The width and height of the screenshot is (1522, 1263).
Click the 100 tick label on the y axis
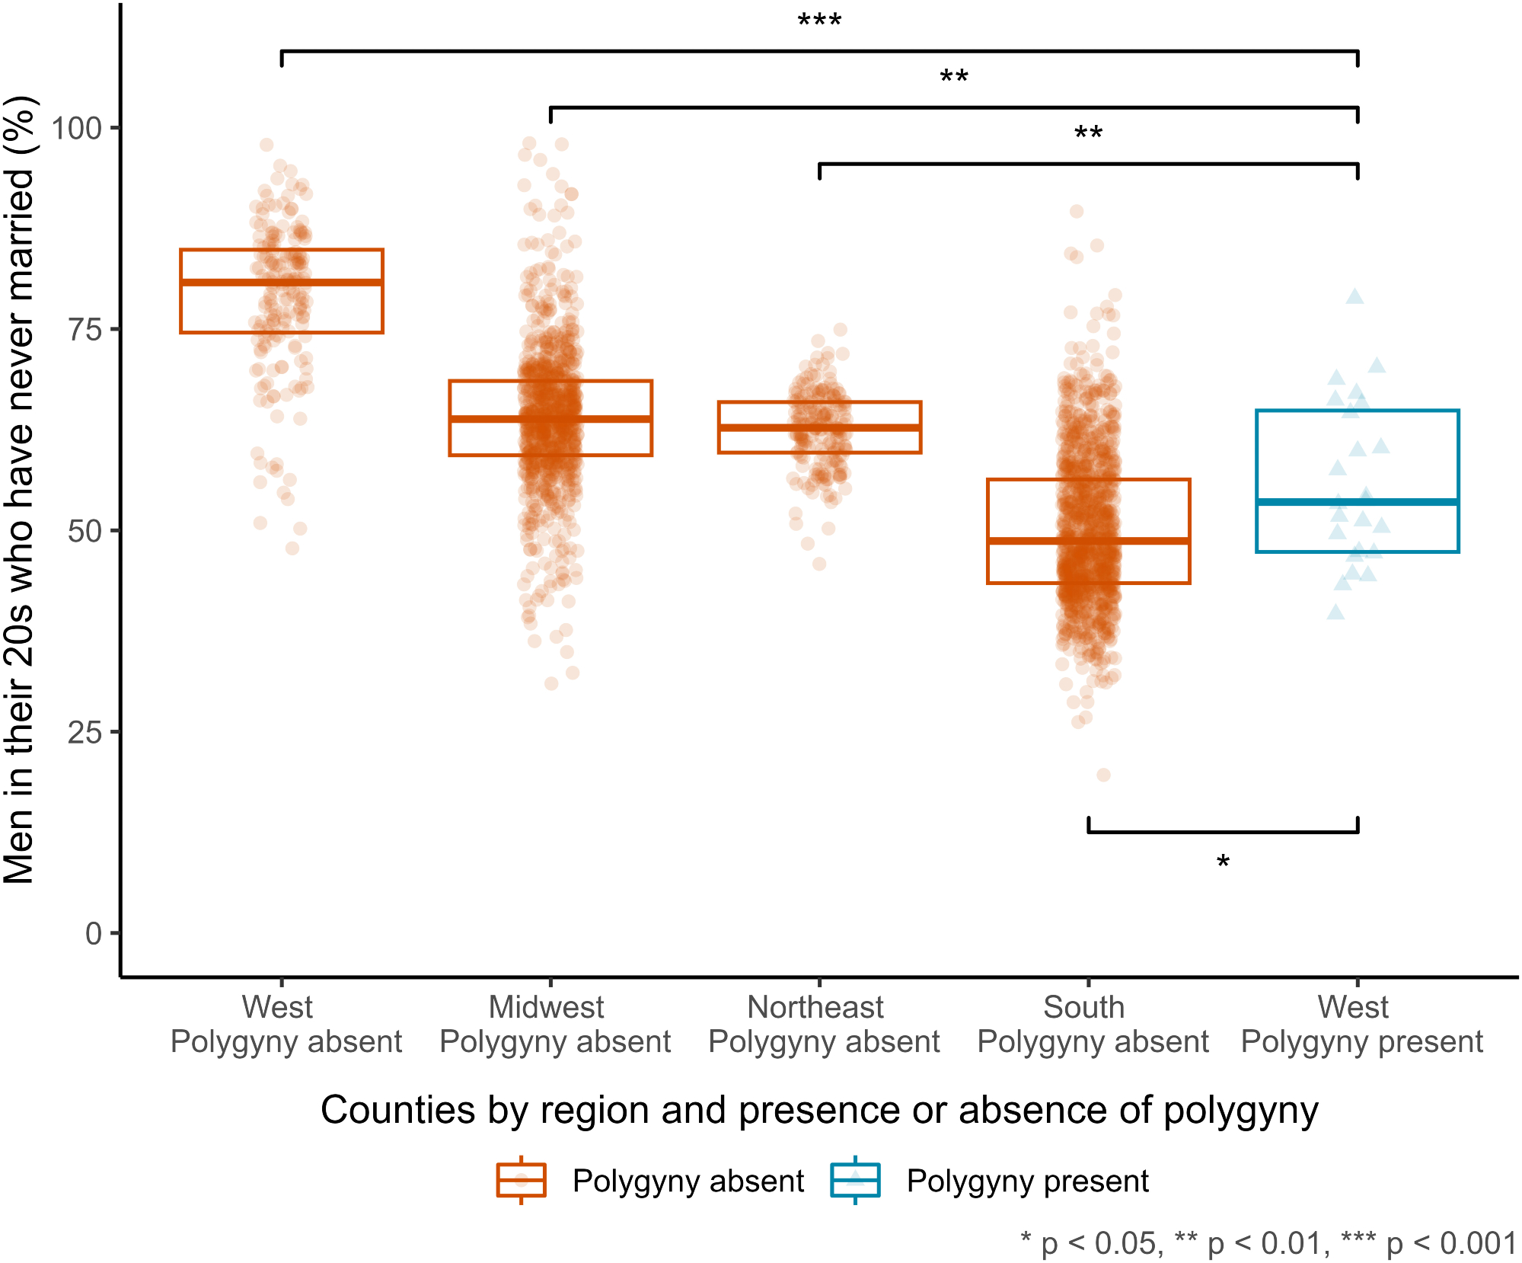pyautogui.click(x=76, y=128)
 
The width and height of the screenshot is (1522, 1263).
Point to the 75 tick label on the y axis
pyautogui.click(x=85, y=329)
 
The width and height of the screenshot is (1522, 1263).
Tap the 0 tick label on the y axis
pyautogui.click(x=94, y=933)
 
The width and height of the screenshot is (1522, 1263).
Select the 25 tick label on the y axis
pyautogui.click(x=85, y=732)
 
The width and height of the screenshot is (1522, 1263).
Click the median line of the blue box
pyautogui.click(x=1358, y=502)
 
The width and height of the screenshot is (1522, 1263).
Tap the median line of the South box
pyautogui.click(x=1089, y=541)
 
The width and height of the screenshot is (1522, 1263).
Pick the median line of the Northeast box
pyautogui.click(x=820, y=427)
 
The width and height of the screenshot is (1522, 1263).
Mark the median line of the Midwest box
pyautogui.click(x=550, y=419)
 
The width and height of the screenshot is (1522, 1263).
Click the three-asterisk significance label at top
pyautogui.click(x=820, y=21)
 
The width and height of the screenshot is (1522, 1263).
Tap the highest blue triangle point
pyautogui.click(x=1354, y=296)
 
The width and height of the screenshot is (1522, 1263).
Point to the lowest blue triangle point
pyautogui.click(x=1335, y=612)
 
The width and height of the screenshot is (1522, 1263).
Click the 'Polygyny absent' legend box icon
pyautogui.click(x=522, y=1181)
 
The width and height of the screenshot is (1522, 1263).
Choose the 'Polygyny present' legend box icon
pyautogui.click(x=855, y=1181)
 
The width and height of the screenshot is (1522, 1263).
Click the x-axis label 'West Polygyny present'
pyautogui.click(x=1361, y=1025)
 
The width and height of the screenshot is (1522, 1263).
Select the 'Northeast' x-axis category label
pyautogui.click(x=815, y=1007)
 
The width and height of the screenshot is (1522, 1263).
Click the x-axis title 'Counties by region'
pyautogui.click(x=819, y=1110)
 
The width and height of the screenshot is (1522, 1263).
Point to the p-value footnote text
pyautogui.click(x=1268, y=1243)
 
